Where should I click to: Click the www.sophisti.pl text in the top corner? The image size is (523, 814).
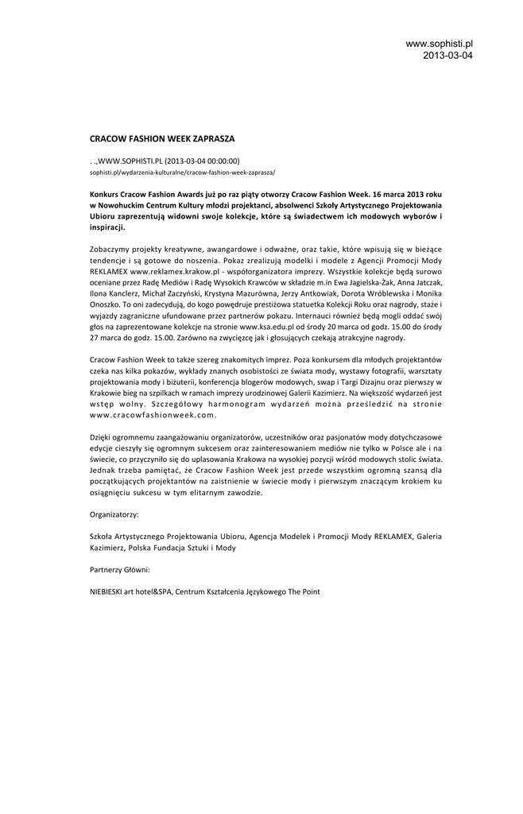439,43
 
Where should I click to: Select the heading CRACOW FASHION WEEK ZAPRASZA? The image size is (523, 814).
162,138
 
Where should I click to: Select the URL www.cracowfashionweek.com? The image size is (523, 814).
153,415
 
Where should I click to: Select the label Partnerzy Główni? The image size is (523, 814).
119,570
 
